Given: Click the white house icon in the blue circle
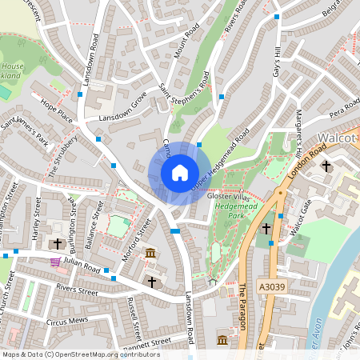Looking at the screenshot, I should tap(180, 173).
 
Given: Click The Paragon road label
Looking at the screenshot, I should tap(242, 307).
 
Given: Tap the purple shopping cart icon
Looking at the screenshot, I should tap(55, 261).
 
